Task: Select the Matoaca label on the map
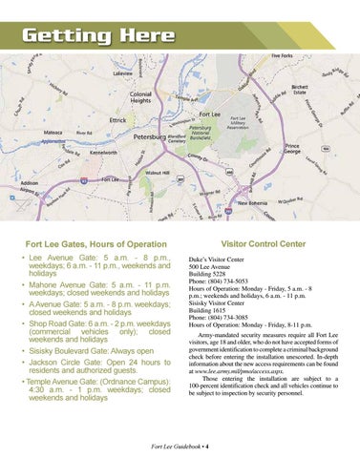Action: point(53,134)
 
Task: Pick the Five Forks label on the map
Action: point(282,56)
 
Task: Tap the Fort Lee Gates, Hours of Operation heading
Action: point(95,244)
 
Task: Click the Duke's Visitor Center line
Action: point(216,259)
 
